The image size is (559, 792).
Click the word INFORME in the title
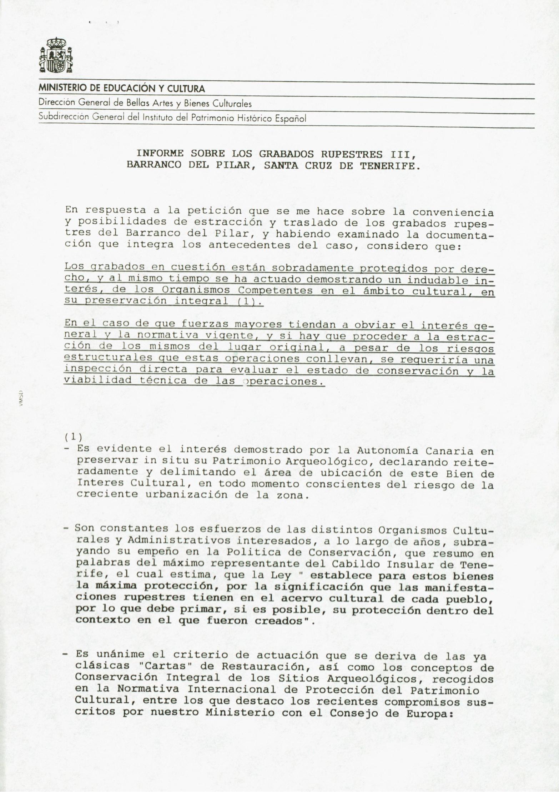tap(160, 154)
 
